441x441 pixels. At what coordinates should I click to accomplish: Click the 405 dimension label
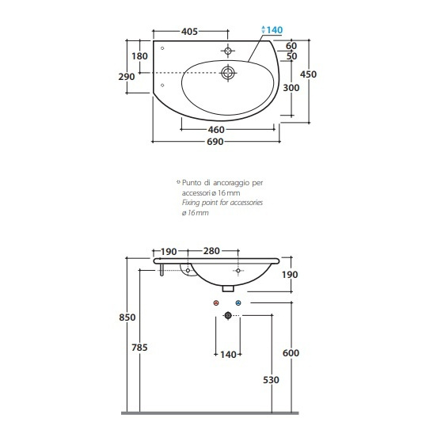[189, 32]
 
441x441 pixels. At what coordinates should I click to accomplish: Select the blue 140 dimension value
[275, 30]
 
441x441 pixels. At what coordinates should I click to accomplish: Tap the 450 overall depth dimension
[308, 74]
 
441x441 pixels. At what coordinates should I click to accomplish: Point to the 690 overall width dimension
[215, 142]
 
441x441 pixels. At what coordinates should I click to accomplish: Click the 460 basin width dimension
[216, 130]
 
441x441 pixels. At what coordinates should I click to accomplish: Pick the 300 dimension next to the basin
[291, 88]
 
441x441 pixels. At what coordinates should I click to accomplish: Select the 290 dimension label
[127, 77]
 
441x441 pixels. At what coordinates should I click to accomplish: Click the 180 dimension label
[139, 56]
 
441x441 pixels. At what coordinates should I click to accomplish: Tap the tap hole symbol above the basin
[228, 51]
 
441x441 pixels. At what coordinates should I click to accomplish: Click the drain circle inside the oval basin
[227, 73]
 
